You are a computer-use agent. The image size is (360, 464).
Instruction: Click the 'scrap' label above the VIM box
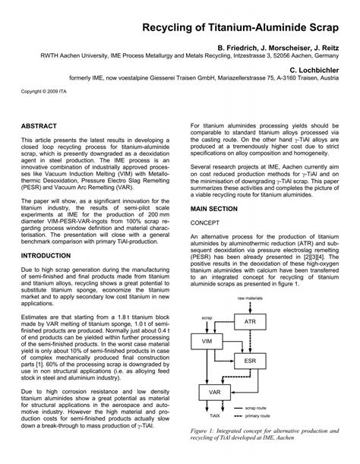coord(209,301)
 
